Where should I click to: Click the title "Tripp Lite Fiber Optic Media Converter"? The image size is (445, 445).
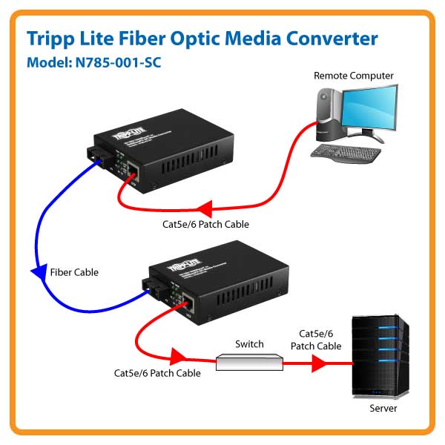pos(202,39)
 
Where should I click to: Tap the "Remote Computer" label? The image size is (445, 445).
pos(353,76)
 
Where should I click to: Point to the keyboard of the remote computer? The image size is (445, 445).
pos(345,152)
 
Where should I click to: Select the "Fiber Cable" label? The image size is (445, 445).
pos(73,272)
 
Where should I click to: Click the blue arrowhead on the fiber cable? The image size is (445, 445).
pos(39,272)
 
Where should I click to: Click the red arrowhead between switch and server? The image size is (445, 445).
pos(319,363)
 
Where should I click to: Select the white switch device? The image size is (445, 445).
pos(249,362)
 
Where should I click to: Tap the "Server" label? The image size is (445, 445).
pos(383,408)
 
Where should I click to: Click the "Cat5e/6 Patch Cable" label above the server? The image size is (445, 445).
pos(320,340)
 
